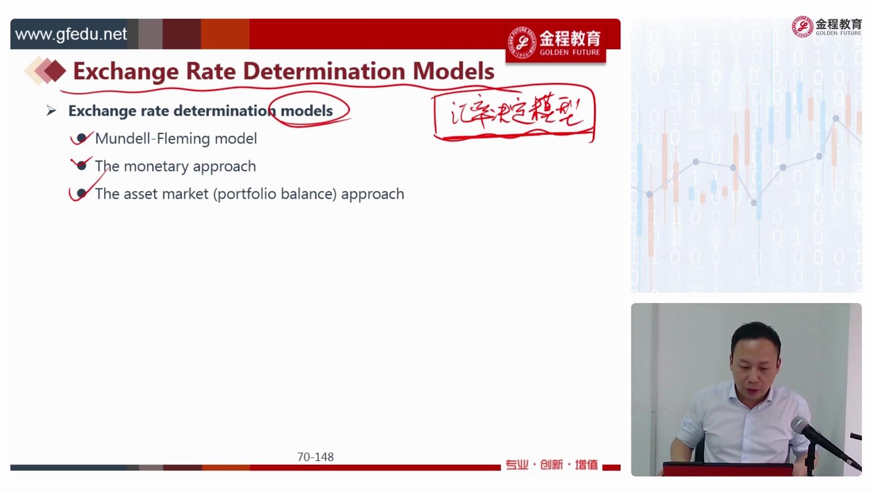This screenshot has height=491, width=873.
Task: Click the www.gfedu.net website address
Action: tap(71, 34)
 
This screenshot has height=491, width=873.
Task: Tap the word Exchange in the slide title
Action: tap(126, 72)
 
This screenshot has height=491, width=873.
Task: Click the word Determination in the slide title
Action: tap(324, 71)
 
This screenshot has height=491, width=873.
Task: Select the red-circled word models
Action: tap(306, 110)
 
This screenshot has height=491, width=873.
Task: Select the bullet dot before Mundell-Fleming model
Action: tap(81, 138)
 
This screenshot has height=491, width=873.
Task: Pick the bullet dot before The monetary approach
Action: tap(81, 165)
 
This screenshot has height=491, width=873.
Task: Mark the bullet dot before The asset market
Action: tap(81, 194)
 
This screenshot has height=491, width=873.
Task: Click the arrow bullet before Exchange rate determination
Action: tap(51, 110)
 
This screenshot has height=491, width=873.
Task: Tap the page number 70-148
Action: tap(315, 457)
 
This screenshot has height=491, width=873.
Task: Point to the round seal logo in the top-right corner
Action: tap(803, 27)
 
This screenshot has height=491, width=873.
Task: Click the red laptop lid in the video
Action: tap(727, 469)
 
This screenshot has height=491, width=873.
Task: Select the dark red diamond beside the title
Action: tap(55, 71)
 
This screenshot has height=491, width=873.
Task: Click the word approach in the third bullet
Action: tap(372, 194)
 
